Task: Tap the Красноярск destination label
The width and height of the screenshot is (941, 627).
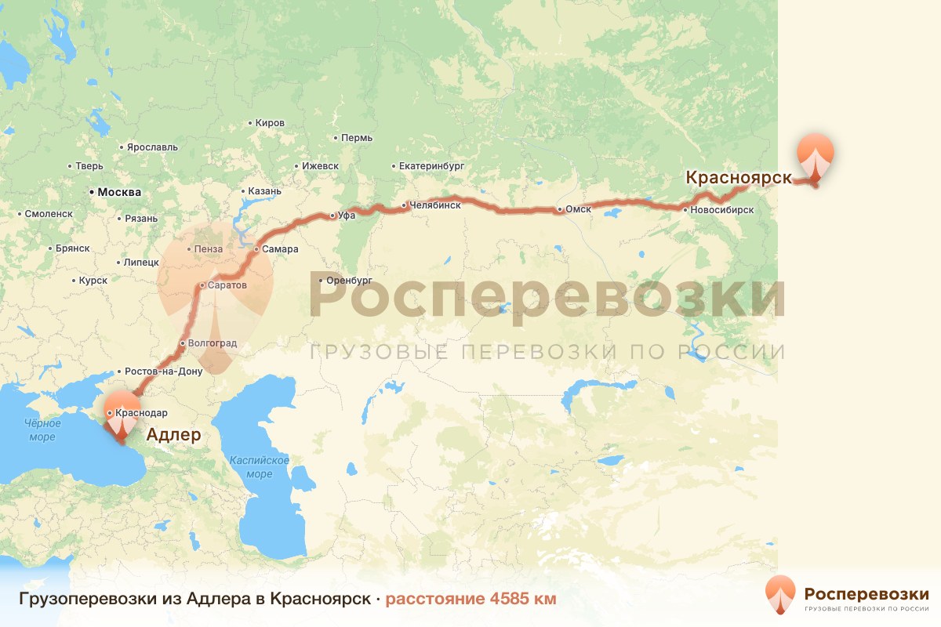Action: click(x=739, y=178)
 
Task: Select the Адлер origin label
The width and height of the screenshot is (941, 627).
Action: click(x=173, y=435)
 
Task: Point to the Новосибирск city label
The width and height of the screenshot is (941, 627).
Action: click(x=721, y=210)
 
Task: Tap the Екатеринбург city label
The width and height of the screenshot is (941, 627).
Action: click(x=432, y=166)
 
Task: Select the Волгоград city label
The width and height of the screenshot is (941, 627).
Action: click(x=211, y=343)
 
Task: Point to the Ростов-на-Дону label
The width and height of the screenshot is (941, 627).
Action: click(x=163, y=371)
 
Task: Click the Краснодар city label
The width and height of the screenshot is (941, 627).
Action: click(x=140, y=412)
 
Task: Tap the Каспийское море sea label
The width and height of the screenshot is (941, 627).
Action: click(x=259, y=467)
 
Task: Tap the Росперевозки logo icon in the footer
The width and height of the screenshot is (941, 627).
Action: click(x=780, y=594)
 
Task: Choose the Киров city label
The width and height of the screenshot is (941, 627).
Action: click(x=270, y=123)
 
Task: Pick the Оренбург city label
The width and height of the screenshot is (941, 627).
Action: click(x=349, y=280)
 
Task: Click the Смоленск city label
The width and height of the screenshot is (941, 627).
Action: click(x=49, y=213)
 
